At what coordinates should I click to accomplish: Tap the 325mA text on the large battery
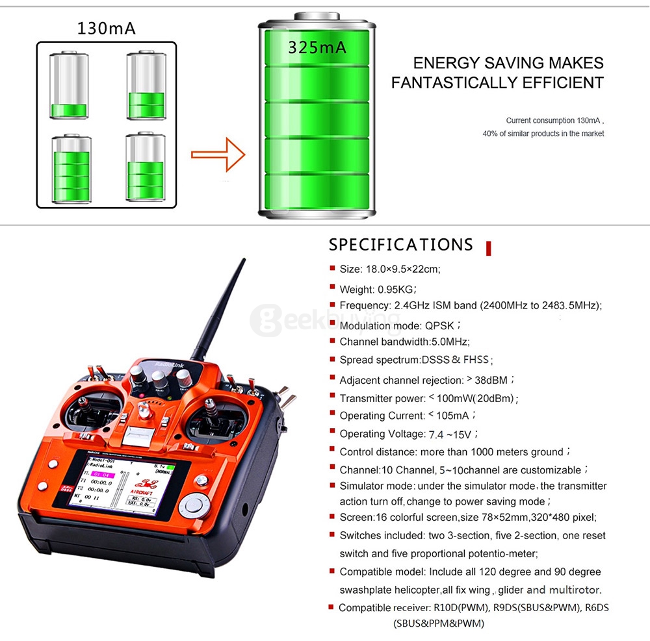tap(317, 47)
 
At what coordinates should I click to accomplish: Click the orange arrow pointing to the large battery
tap(218, 154)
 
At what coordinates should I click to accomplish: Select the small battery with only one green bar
tap(68, 86)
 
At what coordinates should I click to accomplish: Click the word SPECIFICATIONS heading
tap(401, 245)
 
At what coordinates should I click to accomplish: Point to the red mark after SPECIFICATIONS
tap(488, 247)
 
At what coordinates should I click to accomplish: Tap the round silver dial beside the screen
tap(193, 505)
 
